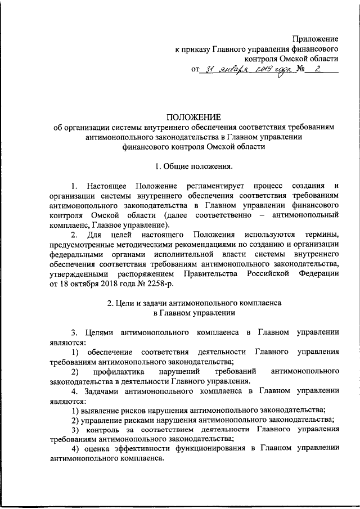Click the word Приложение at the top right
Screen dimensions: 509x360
[x=316, y=39]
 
